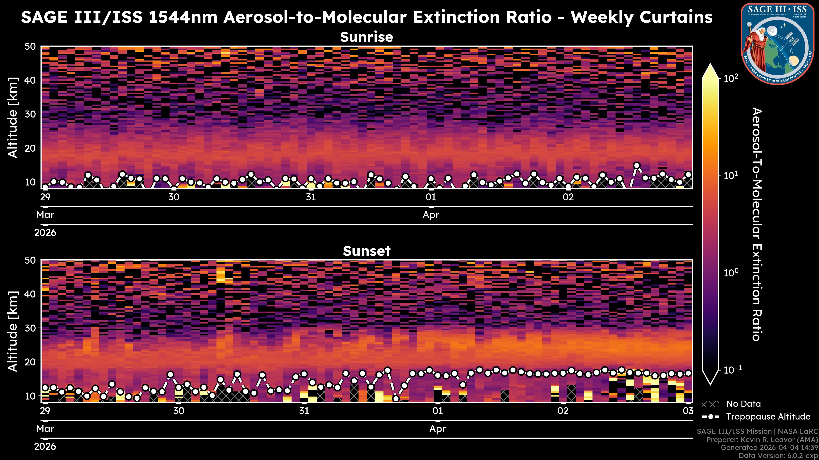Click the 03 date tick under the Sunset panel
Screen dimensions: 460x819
pyautogui.click(x=688, y=411)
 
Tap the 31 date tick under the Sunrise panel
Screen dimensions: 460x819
pyautogui.click(x=311, y=197)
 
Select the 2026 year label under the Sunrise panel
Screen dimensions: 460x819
pyautogui.click(x=45, y=233)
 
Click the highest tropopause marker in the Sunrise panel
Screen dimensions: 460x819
pyautogui.click(x=636, y=166)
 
